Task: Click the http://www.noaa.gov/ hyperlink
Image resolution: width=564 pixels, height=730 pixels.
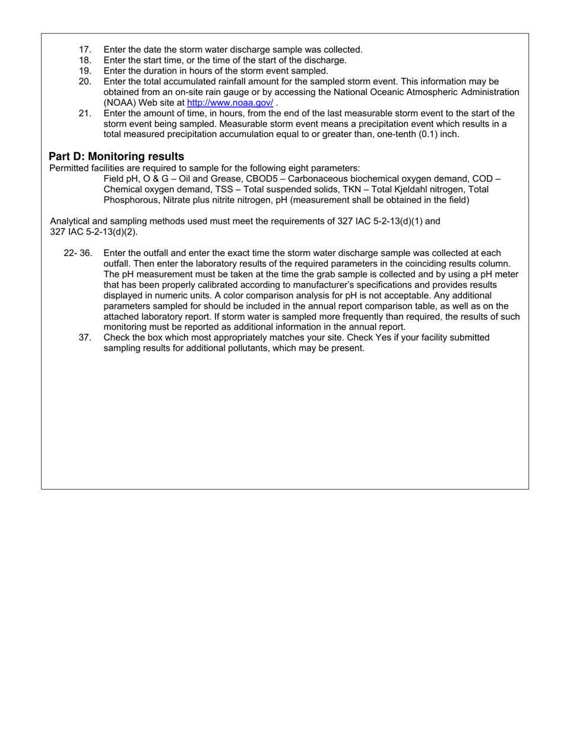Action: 230,103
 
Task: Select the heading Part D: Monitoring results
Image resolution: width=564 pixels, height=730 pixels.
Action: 116,156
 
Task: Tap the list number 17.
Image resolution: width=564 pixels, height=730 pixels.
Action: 85,50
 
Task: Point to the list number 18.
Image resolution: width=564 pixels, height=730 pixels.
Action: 85,61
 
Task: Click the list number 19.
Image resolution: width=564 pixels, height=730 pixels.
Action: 85,71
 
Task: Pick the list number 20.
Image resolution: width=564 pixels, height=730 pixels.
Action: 85,81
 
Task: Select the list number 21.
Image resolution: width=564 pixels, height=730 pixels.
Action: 85,113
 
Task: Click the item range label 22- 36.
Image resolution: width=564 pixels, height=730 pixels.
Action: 78,253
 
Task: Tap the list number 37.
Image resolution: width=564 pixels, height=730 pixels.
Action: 85,338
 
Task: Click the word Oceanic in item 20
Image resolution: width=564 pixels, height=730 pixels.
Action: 373,92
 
